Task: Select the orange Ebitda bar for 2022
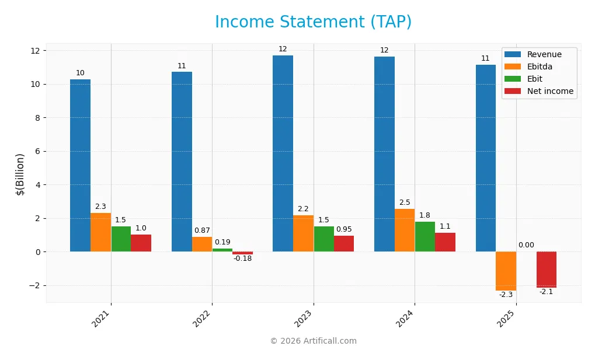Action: click(x=202, y=244)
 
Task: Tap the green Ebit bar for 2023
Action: click(x=323, y=239)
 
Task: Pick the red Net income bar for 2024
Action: click(x=445, y=242)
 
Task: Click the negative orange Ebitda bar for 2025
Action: click(x=506, y=271)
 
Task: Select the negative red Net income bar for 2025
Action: click(x=547, y=270)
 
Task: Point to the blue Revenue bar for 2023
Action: click(x=283, y=153)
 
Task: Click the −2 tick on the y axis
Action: click(x=34, y=286)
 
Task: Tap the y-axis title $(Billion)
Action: click(x=20, y=174)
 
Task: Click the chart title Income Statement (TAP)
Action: click(x=313, y=22)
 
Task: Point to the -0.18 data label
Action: click(x=242, y=258)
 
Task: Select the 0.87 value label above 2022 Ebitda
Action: click(x=202, y=231)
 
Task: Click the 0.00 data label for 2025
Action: click(x=526, y=245)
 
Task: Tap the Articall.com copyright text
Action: click(x=313, y=341)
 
